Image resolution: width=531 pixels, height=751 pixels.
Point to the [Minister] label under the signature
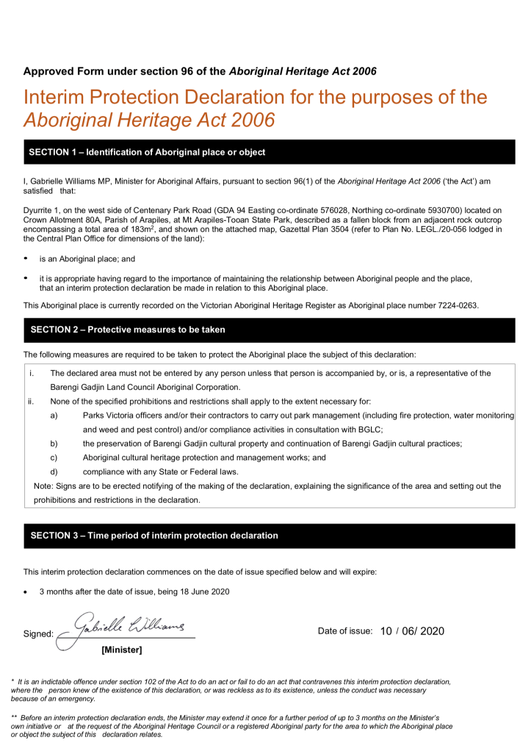tap(121, 649)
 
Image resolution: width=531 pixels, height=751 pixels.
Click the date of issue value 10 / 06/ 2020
tap(412, 631)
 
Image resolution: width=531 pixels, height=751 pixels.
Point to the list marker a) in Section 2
tap(54, 416)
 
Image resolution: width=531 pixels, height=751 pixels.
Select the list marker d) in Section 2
tap(54, 471)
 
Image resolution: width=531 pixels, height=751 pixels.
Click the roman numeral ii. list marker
tap(31, 402)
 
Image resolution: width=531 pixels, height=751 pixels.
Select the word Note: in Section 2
tap(45, 486)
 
